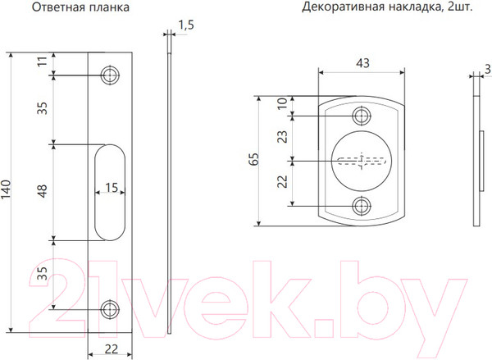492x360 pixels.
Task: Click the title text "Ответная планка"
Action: click(81, 8)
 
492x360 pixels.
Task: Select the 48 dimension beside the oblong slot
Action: click(42, 190)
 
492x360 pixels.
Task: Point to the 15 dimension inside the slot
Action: click(112, 188)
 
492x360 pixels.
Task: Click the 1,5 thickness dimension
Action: click(184, 25)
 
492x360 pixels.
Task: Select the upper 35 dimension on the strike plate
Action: click(42, 108)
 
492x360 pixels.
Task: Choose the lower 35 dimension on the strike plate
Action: click(42, 273)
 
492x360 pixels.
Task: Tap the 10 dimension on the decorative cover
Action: click(284, 104)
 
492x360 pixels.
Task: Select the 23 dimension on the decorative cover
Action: click(284, 137)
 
